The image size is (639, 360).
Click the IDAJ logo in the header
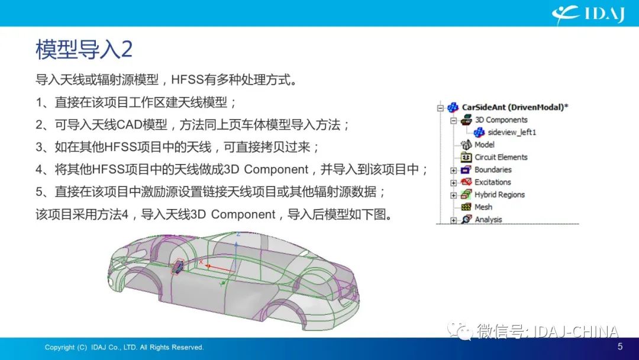pyautogui.click(x=588, y=15)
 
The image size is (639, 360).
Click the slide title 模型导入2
pyautogui.click(x=84, y=50)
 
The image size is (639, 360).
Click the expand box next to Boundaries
pyautogui.click(x=454, y=171)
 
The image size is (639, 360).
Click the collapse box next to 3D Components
pyautogui.click(x=454, y=121)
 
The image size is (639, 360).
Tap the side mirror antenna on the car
pyautogui.click(x=177, y=266)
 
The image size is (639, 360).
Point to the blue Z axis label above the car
pyautogui.click(x=238, y=234)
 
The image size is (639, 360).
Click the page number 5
pyautogui.click(x=620, y=346)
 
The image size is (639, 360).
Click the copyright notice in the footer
pyautogui.click(x=124, y=348)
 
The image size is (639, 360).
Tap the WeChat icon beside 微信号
pyautogui.click(x=460, y=330)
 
